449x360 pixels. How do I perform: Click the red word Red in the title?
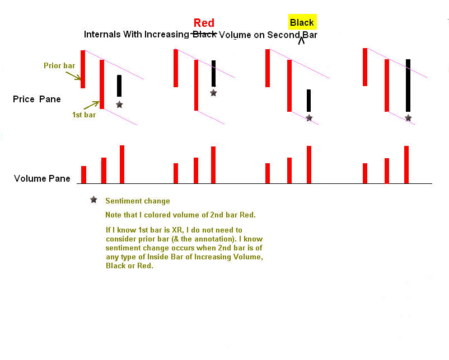point(204,23)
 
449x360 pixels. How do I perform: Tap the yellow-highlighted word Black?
point(302,22)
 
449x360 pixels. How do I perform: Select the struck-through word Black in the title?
point(204,35)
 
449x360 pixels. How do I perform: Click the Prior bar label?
point(59,65)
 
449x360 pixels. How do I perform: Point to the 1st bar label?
point(84,115)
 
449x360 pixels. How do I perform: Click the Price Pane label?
point(36,99)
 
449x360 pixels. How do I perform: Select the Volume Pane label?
point(42,178)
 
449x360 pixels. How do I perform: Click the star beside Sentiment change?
point(93,200)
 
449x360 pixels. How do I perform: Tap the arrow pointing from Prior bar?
point(73,76)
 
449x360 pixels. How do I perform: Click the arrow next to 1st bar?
point(92,105)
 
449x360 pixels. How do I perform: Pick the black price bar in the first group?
point(119,86)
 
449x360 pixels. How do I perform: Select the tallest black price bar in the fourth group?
point(408,85)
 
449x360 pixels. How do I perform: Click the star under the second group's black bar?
point(213,93)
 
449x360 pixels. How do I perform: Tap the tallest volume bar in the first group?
point(122,164)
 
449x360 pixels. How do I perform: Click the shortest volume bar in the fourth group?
point(365,173)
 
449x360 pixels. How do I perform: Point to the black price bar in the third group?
point(308,101)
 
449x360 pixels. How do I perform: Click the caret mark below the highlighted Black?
point(301,41)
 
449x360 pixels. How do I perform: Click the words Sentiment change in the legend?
point(138,201)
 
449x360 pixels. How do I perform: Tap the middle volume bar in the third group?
point(289,170)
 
